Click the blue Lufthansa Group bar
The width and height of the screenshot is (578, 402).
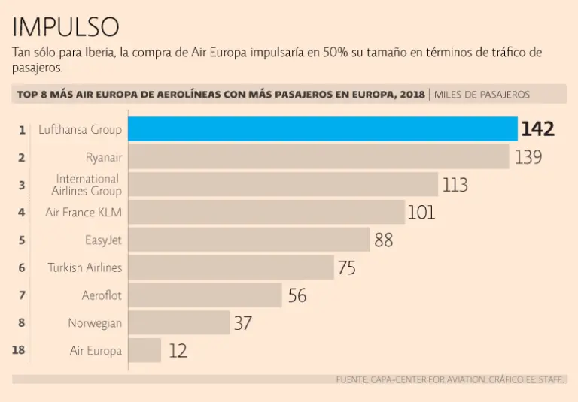point(322,129)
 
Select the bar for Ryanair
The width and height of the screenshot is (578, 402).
point(318,157)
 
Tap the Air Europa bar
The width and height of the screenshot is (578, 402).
point(144,350)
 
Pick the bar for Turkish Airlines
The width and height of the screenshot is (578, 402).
point(231,267)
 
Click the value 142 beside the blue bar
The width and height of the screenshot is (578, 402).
point(537,130)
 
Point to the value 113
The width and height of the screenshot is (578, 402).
point(455,185)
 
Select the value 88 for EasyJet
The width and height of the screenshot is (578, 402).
point(384,240)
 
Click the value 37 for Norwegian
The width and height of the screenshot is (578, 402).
point(242,323)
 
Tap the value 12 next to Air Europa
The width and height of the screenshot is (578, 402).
point(178,351)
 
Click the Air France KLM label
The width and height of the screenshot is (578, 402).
point(84,213)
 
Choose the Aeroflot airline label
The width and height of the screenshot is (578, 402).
point(102,295)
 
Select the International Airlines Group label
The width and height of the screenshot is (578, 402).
point(89,185)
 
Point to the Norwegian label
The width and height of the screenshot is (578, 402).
point(95,323)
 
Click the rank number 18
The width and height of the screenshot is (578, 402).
point(20,350)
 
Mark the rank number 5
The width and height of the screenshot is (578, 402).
point(22,240)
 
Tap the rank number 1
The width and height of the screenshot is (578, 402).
point(22,130)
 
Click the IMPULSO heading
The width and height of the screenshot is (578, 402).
point(65,27)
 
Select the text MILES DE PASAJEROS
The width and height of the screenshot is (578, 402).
point(482,95)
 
